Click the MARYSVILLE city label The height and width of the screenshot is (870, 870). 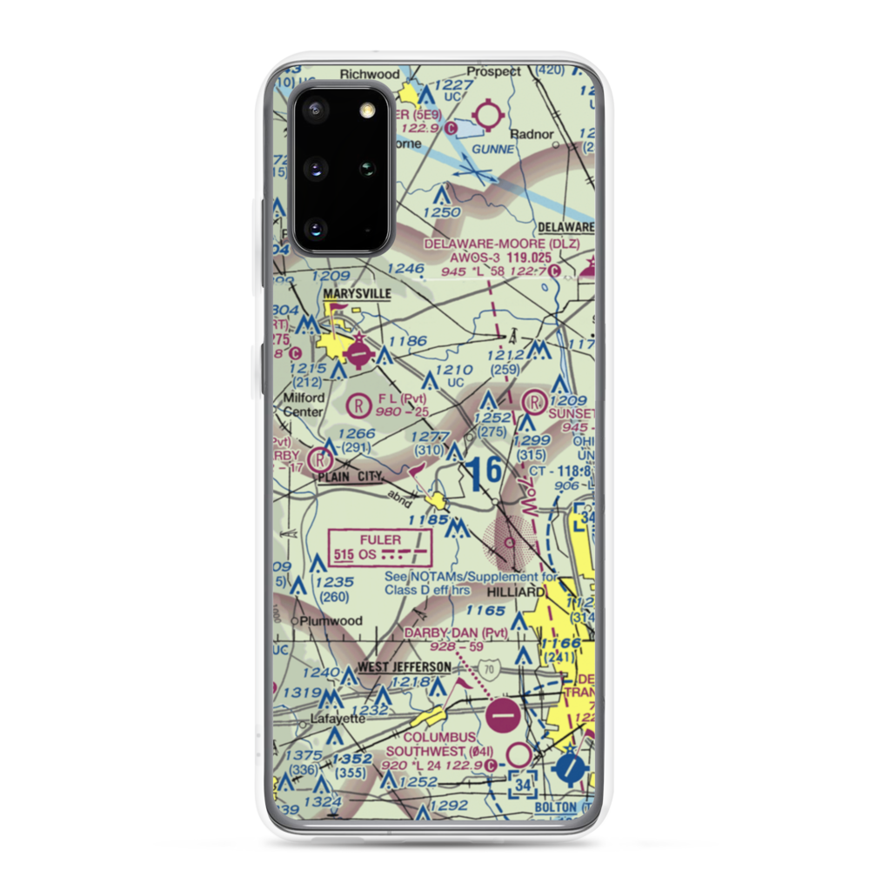point(357,294)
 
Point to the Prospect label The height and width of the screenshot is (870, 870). point(493,70)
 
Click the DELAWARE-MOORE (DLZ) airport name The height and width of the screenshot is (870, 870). point(501,244)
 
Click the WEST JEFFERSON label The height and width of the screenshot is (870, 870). point(405,667)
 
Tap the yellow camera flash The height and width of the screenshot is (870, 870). point(368,109)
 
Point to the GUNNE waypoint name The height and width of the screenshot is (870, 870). point(487,150)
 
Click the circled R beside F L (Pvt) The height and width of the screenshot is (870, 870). point(357,404)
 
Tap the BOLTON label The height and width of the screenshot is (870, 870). point(556,807)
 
